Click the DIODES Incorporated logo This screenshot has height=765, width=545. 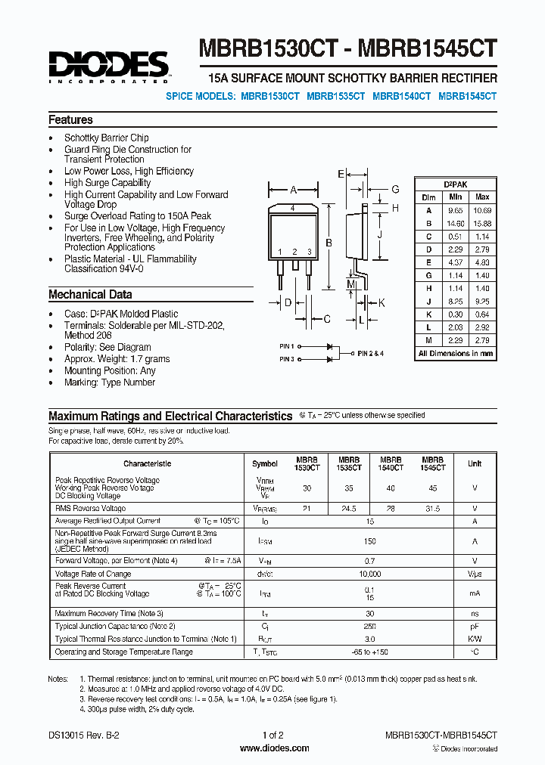point(108,66)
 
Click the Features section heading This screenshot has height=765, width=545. point(70,120)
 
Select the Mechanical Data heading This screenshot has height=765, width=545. point(90,295)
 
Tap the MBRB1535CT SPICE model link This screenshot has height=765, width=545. point(336,97)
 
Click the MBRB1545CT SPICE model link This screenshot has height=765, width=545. point(467,97)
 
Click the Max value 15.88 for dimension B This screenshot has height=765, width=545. point(482,224)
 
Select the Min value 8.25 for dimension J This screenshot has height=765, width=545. point(454,301)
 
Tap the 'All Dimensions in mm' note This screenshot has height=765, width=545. point(455,354)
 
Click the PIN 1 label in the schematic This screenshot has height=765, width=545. point(286,346)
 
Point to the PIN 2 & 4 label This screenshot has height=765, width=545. point(371,353)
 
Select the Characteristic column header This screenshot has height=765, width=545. point(147,463)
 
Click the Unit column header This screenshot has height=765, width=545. point(474,463)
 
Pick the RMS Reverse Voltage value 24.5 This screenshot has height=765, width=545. point(348,509)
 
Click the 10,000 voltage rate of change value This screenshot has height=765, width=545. point(370,574)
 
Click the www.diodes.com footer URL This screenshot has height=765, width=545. point(273,748)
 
